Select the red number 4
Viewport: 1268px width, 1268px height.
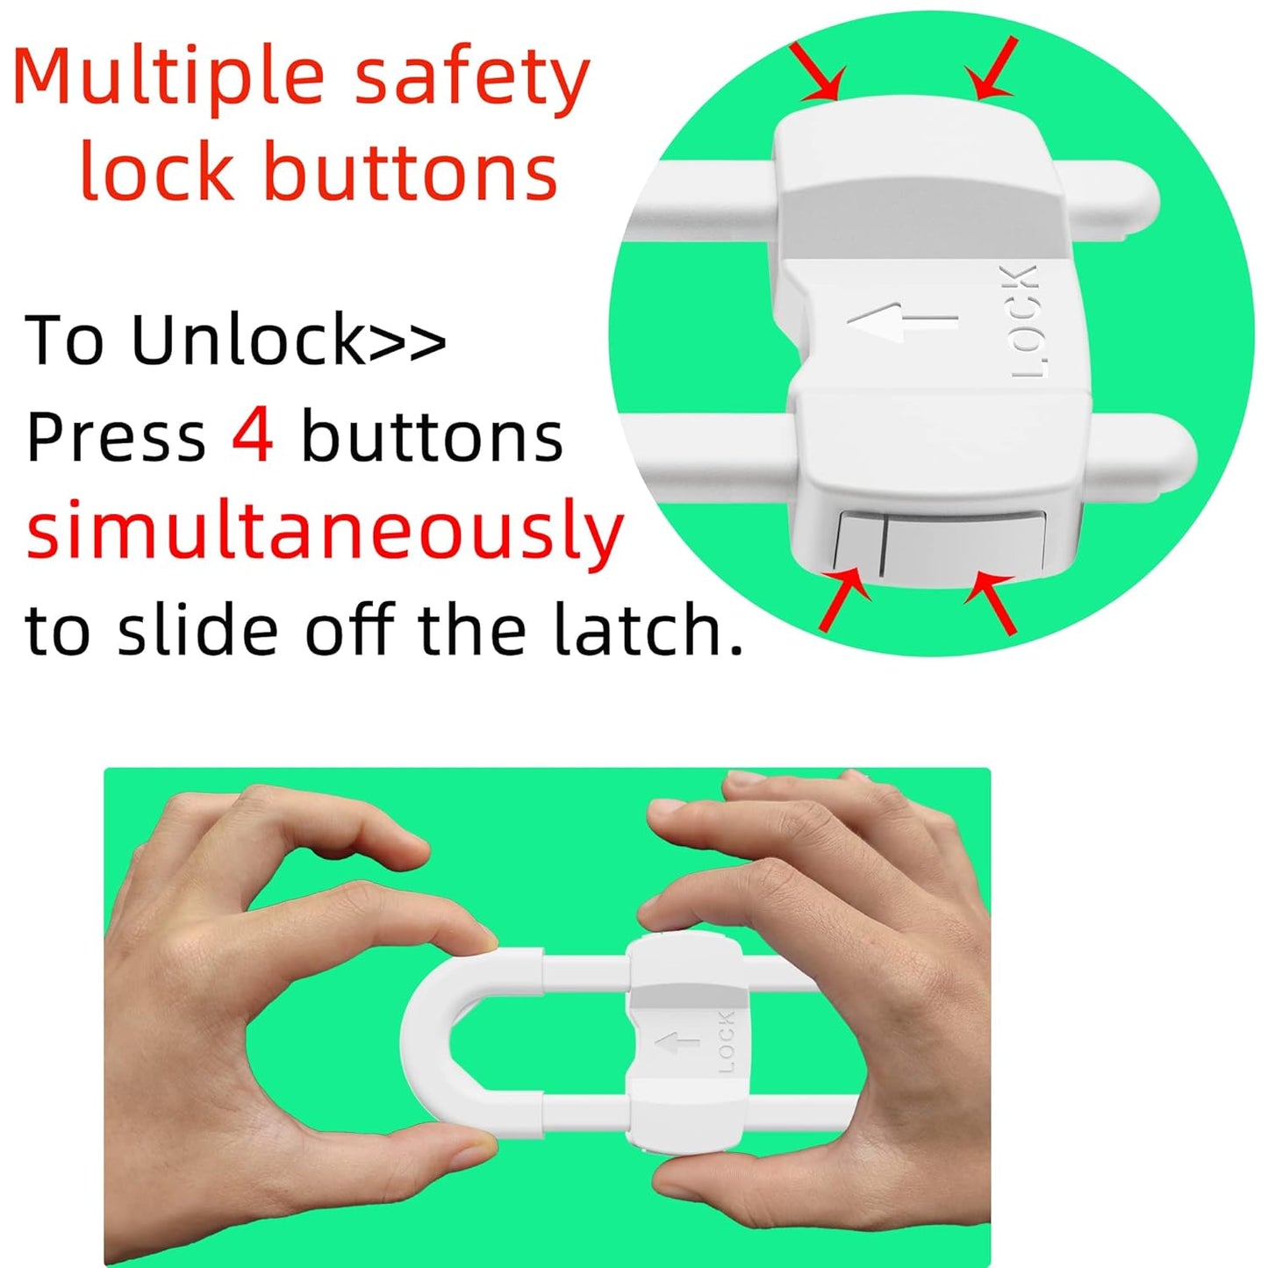(x=253, y=436)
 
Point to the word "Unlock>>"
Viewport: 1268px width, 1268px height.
(x=289, y=340)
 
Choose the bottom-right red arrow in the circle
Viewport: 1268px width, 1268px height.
(x=992, y=601)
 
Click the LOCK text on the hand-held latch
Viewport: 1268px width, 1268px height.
(x=727, y=1042)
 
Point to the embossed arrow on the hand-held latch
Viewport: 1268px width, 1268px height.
(x=678, y=1043)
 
